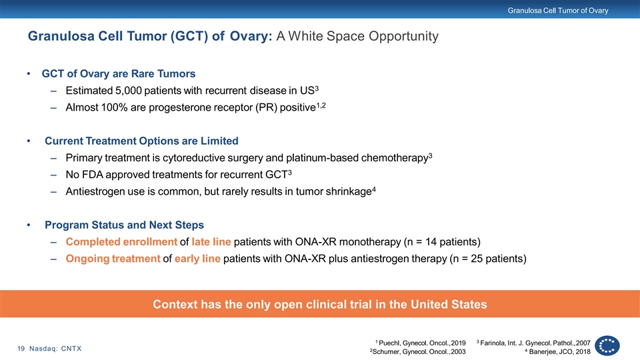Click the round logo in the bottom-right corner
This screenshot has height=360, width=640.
coord(607,346)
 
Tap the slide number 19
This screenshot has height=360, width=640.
coord(21,349)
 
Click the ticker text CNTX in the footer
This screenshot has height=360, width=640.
coord(71,349)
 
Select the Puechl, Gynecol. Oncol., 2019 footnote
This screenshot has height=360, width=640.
coord(421,343)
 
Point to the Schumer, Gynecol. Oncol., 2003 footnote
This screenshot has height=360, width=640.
coord(417,352)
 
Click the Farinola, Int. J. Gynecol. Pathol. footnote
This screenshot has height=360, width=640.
coord(533,343)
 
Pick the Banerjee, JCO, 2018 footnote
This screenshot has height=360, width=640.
coord(557,352)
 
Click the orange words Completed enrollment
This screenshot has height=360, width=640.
coord(121,241)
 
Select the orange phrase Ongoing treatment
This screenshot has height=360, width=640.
coord(113,259)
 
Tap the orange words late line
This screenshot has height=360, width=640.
coord(211,241)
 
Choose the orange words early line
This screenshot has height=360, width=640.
coord(197,259)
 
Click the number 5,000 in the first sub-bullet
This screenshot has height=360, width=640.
coord(128,91)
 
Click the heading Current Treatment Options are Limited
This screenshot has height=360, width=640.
coord(141,141)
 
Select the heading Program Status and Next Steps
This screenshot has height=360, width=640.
coord(125,225)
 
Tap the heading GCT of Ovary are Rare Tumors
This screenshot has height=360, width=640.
coord(119,73)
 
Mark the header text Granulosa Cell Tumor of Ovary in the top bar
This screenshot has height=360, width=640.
coord(558,11)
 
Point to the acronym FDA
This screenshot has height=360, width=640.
coord(93,175)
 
